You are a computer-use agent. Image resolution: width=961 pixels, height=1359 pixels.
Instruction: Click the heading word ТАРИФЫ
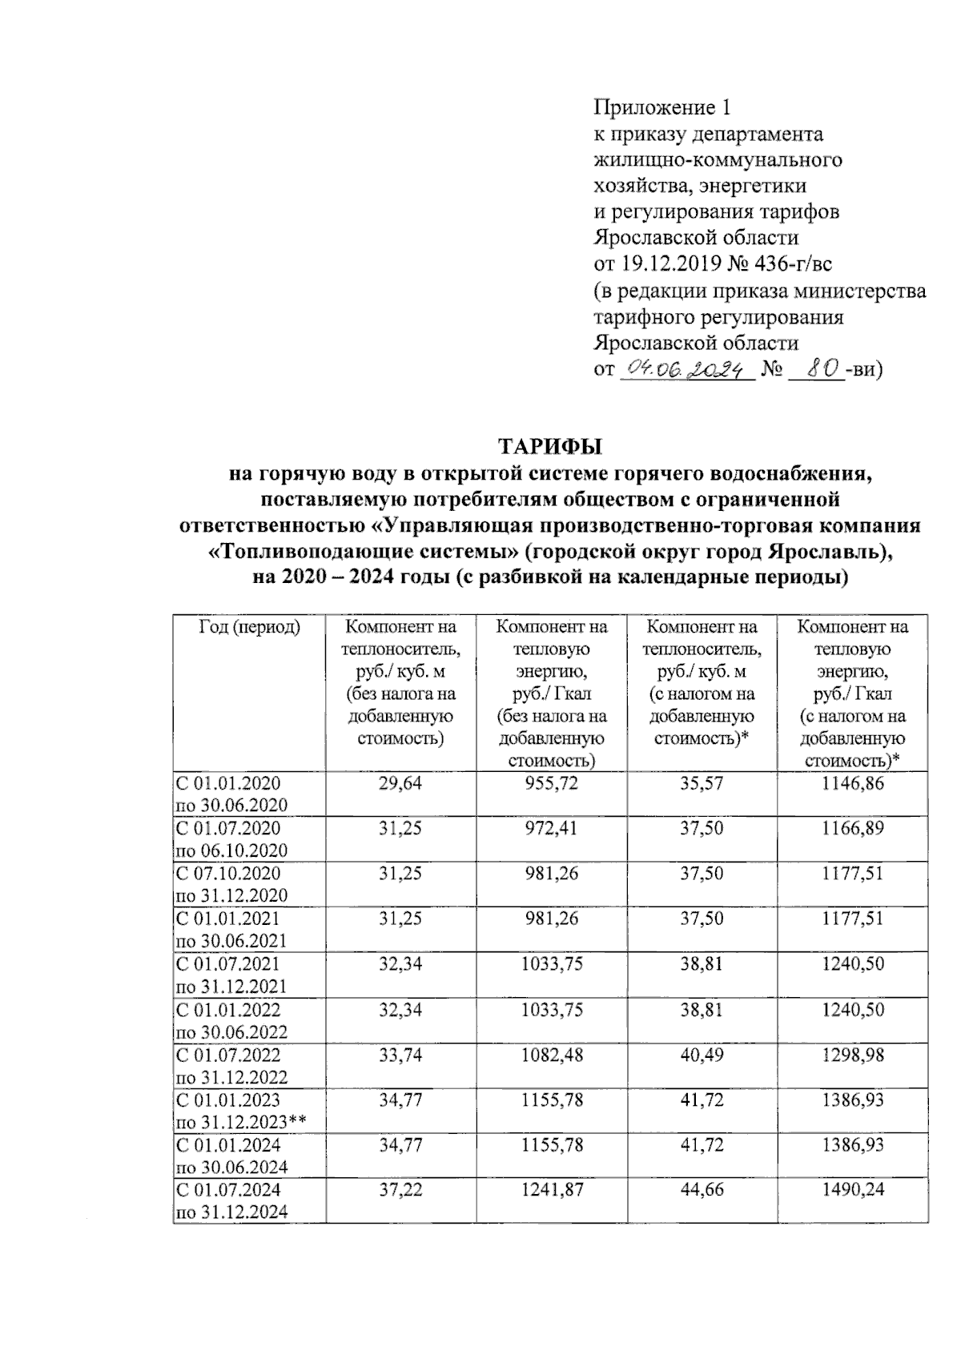coord(550,446)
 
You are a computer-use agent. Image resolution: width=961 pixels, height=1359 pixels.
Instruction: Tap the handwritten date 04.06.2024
coord(686,369)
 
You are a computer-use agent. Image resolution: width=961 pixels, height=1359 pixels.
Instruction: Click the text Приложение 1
coord(662,107)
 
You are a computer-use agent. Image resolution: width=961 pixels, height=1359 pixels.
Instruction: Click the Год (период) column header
coord(249,626)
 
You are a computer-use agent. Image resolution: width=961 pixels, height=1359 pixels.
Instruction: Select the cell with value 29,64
coord(400,783)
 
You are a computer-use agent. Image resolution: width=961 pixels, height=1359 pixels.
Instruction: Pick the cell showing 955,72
coord(551,783)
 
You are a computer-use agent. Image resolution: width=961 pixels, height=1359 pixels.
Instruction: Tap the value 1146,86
coord(852,783)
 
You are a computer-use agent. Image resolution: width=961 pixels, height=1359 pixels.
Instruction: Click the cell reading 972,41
coord(551,828)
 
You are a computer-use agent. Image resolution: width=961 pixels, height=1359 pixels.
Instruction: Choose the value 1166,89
coord(852,828)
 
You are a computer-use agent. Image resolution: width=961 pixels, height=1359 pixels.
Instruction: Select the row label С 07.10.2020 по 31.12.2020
coord(231,884)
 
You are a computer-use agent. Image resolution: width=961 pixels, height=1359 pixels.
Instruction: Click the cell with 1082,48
coord(551,1055)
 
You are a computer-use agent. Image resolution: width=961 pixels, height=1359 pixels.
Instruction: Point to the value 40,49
coord(702,1055)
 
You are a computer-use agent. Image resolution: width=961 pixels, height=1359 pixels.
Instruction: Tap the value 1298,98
coord(852,1055)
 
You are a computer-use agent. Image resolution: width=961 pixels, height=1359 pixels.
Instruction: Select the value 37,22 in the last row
coord(400,1189)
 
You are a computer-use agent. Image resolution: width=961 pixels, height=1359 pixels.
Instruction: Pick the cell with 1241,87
coord(551,1189)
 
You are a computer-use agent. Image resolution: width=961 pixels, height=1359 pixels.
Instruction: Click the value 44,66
coord(702,1189)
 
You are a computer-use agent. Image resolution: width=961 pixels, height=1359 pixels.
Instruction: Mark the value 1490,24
coord(852,1189)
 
